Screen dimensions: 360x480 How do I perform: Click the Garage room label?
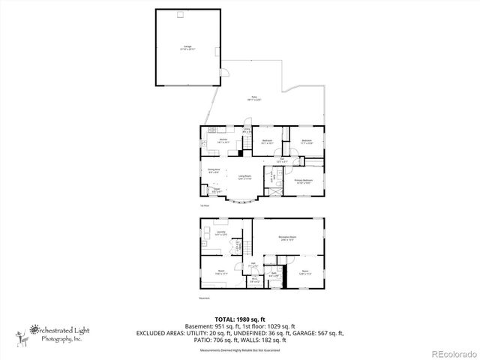pos(187,47)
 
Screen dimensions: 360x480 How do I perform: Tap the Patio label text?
pos(253,99)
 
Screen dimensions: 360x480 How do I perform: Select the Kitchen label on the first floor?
pos(223,140)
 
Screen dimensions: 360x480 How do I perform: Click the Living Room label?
pos(245,178)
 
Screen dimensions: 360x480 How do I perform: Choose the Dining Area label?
pos(213,170)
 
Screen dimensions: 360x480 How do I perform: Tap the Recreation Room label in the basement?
pos(285,238)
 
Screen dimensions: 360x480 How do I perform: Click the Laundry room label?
pos(222,233)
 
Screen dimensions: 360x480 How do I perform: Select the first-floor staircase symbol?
pos(271,181)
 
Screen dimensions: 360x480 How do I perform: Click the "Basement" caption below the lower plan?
pos(205,298)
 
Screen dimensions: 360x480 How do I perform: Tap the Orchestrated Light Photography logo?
pos(56,331)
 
